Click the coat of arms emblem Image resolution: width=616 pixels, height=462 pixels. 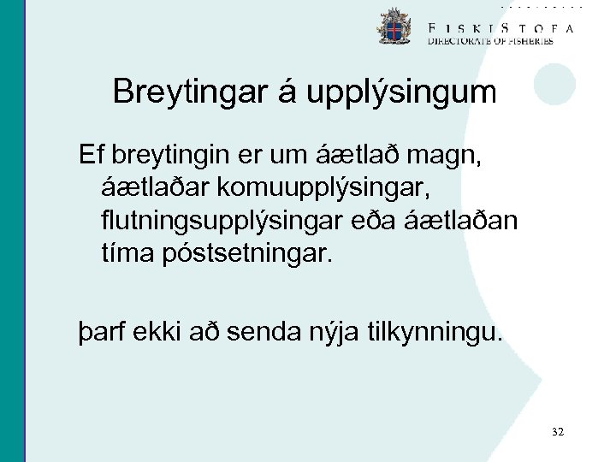coord(394,27)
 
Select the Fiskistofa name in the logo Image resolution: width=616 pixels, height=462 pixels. coord(500,27)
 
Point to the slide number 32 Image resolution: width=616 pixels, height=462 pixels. coord(558,433)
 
